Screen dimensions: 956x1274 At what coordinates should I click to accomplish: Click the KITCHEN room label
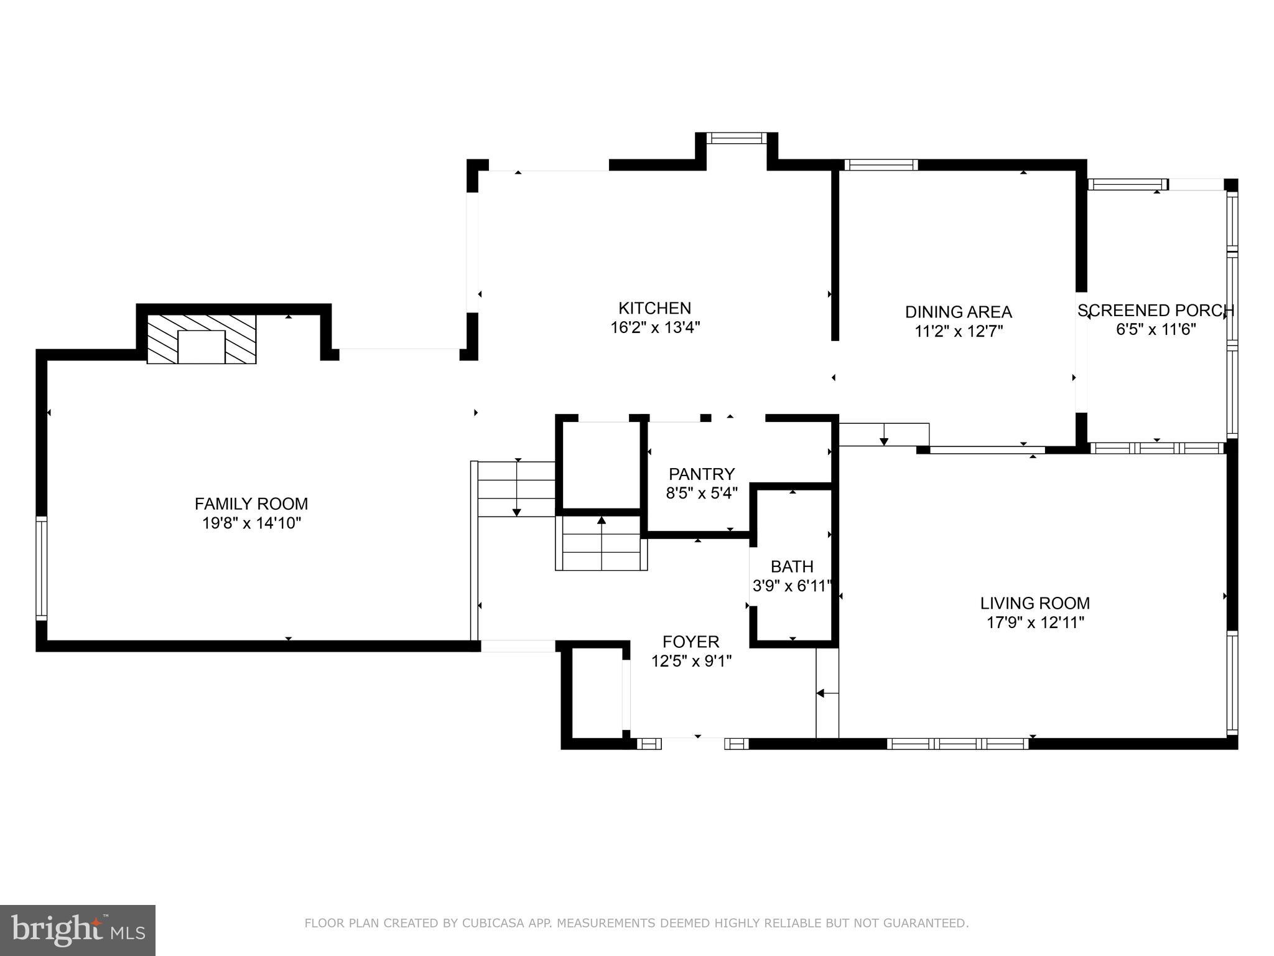tap(654, 308)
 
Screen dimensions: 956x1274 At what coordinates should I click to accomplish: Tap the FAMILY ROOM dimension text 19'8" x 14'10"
tap(251, 523)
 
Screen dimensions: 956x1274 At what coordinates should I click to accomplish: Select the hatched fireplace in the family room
tap(202, 339)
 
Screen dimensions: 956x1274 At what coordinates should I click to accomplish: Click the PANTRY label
tap(702, 474)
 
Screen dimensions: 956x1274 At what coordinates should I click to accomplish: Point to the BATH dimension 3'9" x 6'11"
tap(792, 586)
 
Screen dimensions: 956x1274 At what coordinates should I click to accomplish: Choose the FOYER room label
tap(690, 642)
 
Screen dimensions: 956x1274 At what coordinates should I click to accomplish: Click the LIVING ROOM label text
tap(1035, 603)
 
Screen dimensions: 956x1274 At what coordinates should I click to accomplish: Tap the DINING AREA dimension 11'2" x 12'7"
tap(959, 331)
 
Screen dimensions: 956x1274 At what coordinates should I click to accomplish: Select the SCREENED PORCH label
tap(1156, 311)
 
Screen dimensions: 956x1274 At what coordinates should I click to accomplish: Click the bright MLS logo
tap(77, 930)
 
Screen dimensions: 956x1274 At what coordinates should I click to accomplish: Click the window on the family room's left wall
tap(42, 568)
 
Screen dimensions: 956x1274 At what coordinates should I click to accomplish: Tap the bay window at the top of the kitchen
tap(737, 138)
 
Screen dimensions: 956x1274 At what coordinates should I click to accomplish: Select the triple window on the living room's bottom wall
tap(957, 743)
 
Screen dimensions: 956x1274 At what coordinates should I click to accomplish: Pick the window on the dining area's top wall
tap(881, 165)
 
